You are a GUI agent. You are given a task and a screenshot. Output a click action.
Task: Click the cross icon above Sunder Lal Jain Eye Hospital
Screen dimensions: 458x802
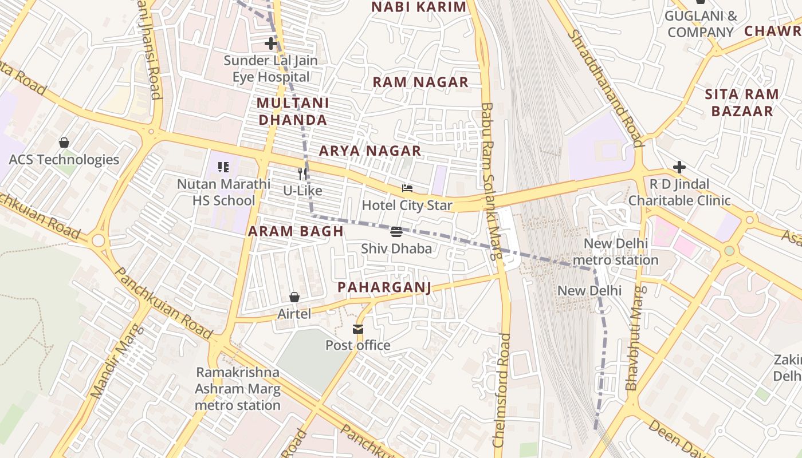click(271, 44)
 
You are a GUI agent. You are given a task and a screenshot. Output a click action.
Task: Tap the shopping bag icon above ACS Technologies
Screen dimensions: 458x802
click(64, 143)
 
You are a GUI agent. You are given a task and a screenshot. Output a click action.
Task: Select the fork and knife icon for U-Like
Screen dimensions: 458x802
click(302, 173)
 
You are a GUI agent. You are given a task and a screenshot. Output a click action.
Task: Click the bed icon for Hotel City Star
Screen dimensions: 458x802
click(407, 188)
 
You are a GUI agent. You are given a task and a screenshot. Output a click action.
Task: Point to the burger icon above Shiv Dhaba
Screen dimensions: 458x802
click(396, 231)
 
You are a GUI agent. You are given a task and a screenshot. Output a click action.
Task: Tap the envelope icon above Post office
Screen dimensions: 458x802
click(358, 329)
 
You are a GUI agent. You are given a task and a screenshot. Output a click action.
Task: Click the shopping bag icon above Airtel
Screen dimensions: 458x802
click(294, 297)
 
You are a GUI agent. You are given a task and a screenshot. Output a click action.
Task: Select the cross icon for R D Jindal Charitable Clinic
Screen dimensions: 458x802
click(679, 167)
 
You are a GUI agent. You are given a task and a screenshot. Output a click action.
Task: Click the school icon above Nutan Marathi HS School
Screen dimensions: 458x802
click(223, 167)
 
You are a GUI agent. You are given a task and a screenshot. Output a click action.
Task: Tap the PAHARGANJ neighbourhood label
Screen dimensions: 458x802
click(384, 287)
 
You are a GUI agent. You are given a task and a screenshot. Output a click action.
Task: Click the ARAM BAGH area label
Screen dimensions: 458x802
click(296, 231)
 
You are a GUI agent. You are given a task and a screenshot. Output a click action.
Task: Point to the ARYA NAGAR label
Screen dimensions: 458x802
click(370, 151)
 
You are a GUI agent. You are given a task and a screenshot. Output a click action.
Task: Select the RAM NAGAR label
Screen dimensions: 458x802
click(420, 82)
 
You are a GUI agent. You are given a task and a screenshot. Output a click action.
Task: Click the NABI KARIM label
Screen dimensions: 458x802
click(419, 7)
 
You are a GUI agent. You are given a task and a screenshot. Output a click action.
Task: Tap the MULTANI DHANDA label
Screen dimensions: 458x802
click(293, 112)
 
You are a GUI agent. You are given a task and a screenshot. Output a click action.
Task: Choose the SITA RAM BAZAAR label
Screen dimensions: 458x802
click(742, 102)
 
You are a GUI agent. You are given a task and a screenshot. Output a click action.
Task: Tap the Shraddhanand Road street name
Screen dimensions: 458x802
click(606, 89)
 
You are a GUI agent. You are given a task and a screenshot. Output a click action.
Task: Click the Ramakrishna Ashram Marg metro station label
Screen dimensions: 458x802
click(238, 389)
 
